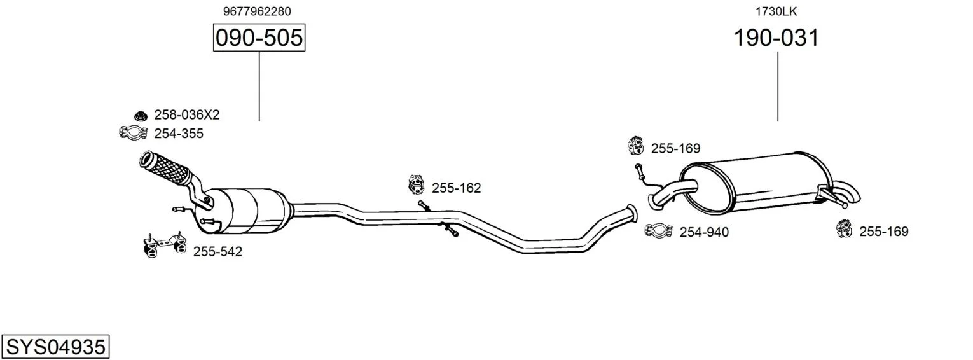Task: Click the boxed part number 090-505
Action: coord(259,38)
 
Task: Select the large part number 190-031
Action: coord(776,38)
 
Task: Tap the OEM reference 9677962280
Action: coord(257,11)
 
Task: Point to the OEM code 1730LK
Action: coord(776,11)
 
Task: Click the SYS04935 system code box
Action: coord(55,347)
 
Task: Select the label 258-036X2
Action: coord(187,115)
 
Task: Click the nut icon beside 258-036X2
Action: coord(141,116)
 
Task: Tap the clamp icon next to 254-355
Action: coord(133,132)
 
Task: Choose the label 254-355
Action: coord(179,134)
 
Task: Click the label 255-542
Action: coord(217,252)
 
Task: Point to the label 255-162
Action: coord(456,188)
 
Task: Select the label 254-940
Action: coord(704,232)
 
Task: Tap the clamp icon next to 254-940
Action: coord(658,231)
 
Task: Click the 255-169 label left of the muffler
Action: coord(675,149)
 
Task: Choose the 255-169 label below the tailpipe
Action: coord(883,232)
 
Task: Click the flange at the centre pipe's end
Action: coord(632,214)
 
